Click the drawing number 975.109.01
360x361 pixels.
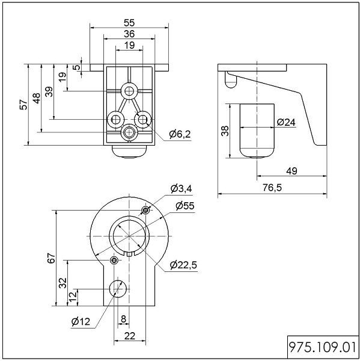click(323, 347)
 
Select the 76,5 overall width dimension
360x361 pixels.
click(272, 188)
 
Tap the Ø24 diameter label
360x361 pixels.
click(286, 122)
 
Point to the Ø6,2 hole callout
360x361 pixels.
click(180, 134)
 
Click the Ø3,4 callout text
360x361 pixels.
click(182, 188)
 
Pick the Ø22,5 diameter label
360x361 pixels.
click(183, 265)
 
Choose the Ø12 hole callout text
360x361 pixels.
click(81, 321)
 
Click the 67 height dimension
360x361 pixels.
click(51, 258)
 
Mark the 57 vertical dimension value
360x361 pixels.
click(23, 105)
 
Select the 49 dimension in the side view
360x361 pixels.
click(291, 171)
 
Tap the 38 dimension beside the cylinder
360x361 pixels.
click(225, 131)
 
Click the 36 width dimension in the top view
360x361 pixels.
click(129, 34)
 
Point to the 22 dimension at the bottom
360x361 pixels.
click(129, 336)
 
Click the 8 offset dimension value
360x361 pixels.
click(123, 319)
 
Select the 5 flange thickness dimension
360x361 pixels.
click(77, 67)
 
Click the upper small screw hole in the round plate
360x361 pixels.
click(145, 210)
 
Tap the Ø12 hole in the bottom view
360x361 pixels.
click(118, 289)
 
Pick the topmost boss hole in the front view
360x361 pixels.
click(129, 91)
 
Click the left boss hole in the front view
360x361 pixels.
click(115, 120)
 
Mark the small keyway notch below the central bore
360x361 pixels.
click(129, 254)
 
